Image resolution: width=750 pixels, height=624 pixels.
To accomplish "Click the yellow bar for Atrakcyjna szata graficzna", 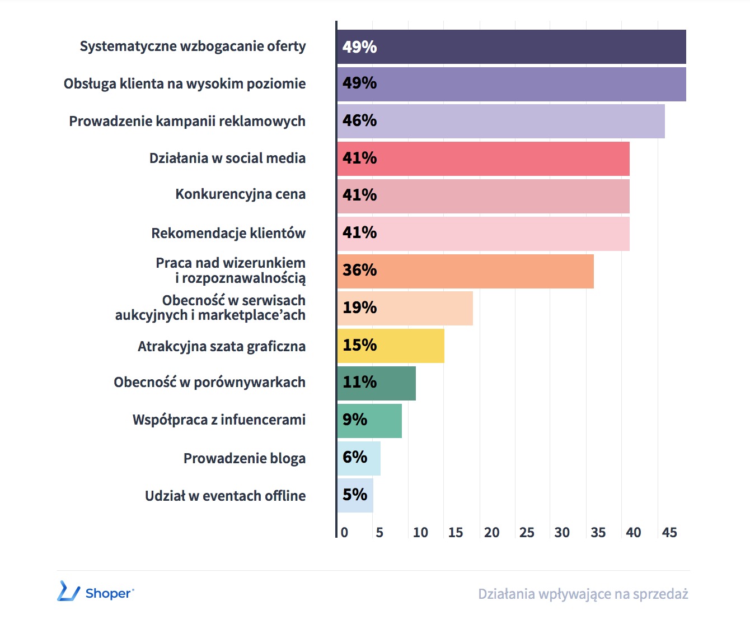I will click(x=391, y=346).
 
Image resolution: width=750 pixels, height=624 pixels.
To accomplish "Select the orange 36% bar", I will click(x=465, y=271).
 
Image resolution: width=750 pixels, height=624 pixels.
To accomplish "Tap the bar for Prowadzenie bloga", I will click(x=359, y=458).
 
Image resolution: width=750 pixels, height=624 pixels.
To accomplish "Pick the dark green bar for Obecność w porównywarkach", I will click(x=376, y=383).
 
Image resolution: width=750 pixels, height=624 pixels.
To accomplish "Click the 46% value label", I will click(x=359, y=120).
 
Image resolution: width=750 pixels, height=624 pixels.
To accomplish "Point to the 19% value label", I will click(x=359, y=308).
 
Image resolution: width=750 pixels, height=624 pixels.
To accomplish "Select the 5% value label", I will click(x=355, y=495).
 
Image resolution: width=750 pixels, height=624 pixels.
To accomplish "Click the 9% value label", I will click(x=355, y=420).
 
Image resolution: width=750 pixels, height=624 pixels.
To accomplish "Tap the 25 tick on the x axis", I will click(x=527, y=533).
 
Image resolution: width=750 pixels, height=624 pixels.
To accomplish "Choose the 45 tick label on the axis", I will click(x=669, y=533).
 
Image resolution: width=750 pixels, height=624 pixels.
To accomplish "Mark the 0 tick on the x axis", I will click(x=344, y=533).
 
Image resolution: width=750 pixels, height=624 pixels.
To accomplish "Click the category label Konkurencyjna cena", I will click(x=241, y=194).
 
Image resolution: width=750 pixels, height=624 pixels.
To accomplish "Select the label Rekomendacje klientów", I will click(x=228, y=233).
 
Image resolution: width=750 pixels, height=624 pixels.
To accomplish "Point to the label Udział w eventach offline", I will click(x=225, y=496).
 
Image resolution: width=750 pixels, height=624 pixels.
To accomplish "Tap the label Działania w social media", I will click(x=227, y=158).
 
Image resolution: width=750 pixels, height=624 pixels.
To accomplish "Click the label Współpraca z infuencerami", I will click(x=219, y=420).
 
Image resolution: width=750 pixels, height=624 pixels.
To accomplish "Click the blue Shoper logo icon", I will click(x=68, y=592).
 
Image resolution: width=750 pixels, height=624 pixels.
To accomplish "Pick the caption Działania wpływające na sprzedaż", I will click(x=583, y=594).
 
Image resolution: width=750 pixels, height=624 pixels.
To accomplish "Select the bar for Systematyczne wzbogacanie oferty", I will click(x=511, y=46).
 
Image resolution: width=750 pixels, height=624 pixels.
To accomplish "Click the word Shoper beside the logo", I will click(x=109, y=593).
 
